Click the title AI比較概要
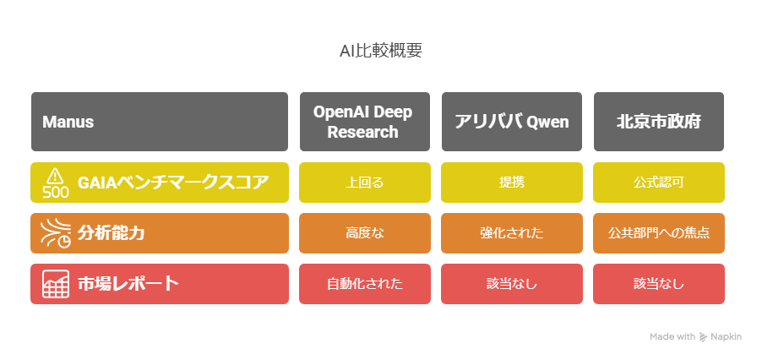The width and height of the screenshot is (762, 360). coord(380,51)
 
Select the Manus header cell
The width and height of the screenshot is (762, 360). coord(160,122)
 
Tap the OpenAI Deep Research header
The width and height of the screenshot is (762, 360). coord(364,122)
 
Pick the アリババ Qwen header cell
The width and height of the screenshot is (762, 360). coord(512,122)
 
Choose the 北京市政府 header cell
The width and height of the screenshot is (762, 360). coord(658,122)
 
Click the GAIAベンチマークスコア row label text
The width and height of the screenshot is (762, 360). coord(173,183)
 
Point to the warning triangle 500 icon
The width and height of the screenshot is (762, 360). coord(56,183)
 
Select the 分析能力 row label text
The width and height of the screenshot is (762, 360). coord(112,233)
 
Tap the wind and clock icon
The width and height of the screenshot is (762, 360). coord(56,233)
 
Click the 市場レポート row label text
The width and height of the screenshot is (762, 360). coord(128,284)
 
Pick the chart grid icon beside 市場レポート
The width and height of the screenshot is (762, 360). coord(56,284)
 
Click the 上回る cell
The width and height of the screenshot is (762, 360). coord(364,183)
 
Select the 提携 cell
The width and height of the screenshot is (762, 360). coord(512,183)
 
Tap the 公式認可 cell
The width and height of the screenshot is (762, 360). coord(658,183)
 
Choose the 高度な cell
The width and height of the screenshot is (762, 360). coord(364,233)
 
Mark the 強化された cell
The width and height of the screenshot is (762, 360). coord(512,233)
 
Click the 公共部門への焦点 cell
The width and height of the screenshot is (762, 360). coord(658,233)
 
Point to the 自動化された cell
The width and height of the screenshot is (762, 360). coord(364,284)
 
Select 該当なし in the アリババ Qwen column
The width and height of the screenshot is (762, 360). coord(512,284)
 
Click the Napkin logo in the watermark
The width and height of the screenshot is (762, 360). coord(703,336)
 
